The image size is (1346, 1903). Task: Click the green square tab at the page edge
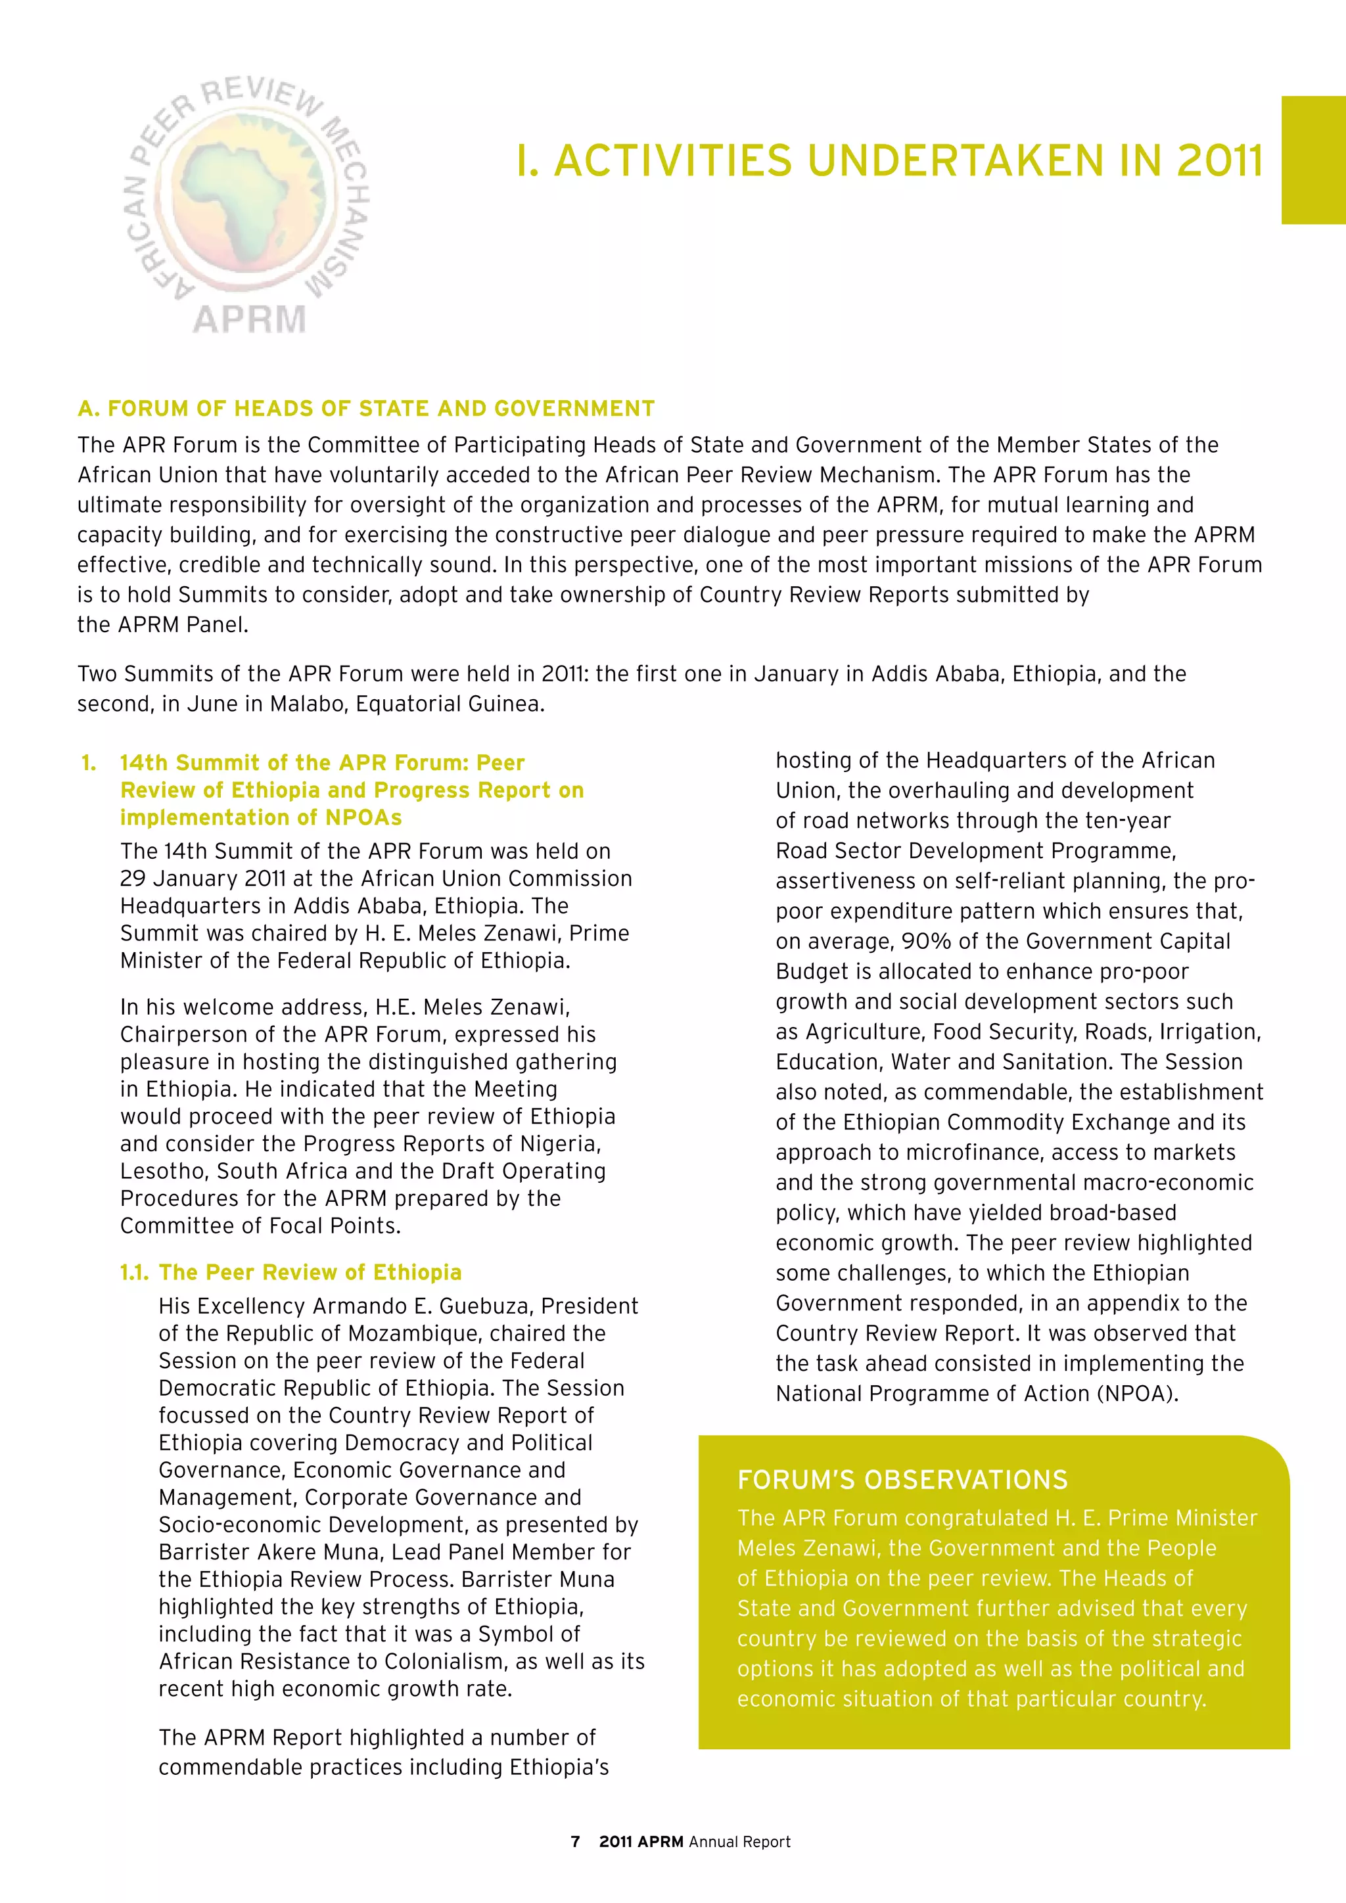tap(1313, 160)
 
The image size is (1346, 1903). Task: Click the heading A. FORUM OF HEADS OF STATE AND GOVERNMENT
tap(365, 409)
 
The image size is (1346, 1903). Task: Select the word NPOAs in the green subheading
tap(363, 818)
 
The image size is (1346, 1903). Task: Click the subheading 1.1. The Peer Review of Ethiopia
tap(291, 1272)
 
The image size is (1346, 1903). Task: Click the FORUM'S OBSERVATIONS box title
tap(902, 1480)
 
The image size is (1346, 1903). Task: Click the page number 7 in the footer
tap(575, 1842)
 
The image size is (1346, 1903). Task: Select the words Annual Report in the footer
tap(739, 1842)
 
